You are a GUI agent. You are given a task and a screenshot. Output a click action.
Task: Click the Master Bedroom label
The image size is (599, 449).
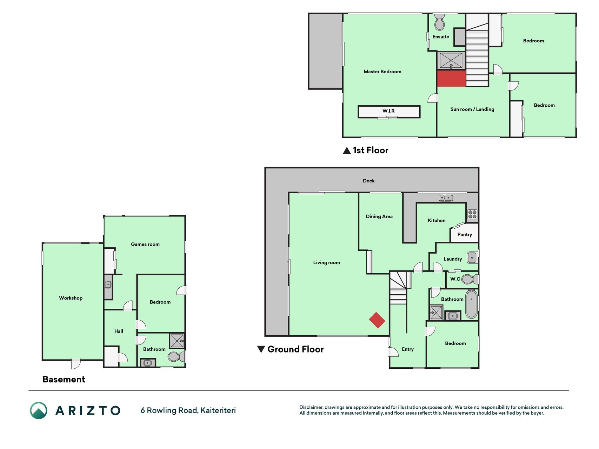pos(382,72)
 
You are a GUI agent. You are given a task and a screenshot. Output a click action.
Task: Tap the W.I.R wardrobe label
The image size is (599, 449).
pos(388,111)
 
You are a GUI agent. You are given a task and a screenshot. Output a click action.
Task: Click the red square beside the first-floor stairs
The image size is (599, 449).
pos(451,78)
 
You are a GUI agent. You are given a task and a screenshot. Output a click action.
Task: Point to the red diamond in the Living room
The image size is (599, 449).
pos(377,320)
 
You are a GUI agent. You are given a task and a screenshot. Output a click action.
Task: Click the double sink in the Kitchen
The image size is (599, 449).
pos(446,198)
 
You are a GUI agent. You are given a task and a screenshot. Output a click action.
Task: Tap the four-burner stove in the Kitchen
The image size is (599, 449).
pos(472,214)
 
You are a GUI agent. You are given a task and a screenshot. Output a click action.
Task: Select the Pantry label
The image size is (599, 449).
pos(465,235)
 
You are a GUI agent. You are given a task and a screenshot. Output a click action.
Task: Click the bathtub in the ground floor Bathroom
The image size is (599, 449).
pos(471,304)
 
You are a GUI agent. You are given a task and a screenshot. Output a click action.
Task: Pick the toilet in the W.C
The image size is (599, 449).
pos(470,279)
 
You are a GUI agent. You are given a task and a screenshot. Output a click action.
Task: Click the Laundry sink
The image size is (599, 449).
pos(472,258)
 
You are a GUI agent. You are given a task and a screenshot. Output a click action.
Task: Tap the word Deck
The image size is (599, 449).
pos(368,181)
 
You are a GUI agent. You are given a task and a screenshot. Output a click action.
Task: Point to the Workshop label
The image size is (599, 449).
pos(71,298)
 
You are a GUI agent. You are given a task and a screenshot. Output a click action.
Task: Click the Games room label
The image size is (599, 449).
pos(145,244)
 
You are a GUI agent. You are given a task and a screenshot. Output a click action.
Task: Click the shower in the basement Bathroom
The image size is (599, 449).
pos(177,341)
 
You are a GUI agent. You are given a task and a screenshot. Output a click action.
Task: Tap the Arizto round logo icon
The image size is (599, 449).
pos(39,410)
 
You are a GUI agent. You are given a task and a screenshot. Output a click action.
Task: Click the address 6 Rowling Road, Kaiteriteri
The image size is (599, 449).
pos(188,410)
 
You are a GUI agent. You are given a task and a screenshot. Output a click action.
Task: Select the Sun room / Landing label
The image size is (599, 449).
pos(472,109)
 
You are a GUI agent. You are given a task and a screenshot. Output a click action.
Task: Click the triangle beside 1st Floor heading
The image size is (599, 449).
pos(347,150)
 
